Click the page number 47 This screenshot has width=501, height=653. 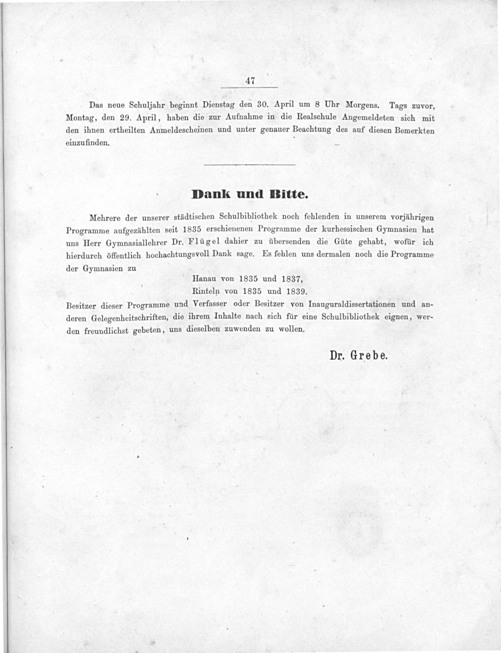coord(251,80)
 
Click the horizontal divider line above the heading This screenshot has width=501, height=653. coord(250,165)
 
